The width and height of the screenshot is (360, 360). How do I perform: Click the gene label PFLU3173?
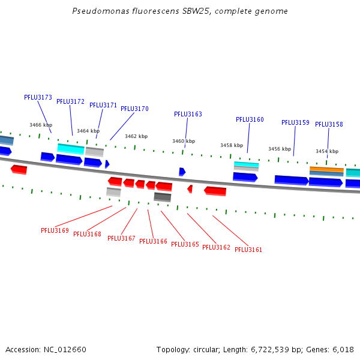(x=38, y=97)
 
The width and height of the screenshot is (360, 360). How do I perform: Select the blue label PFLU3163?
(x=188, y=114)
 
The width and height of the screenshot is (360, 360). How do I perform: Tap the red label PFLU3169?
(x=55, y=230)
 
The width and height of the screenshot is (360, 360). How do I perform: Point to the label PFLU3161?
(x=248, y=250)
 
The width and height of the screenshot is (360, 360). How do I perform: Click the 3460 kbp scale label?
(x=184, y=141)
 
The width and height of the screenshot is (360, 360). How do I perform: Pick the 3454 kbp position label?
(x=327, y=151)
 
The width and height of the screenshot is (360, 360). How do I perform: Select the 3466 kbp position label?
(x=41, y=125)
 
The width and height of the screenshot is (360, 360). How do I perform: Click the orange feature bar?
(x=326, y=169)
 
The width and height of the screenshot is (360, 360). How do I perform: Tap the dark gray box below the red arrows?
(x=163, y=197)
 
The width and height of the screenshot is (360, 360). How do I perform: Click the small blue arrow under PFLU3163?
(x=182, y=172)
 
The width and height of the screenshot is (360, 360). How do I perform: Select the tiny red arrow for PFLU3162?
(x=190, y=189)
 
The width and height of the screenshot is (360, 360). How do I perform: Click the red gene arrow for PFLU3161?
(x=215, y=191)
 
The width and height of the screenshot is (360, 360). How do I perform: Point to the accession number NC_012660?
(x=65, y=350)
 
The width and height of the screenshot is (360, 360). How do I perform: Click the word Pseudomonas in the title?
(x=101, y=11)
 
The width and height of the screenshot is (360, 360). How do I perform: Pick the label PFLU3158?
(x=329, y=124)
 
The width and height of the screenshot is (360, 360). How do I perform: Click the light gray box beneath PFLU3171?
(x=95, y=152)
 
